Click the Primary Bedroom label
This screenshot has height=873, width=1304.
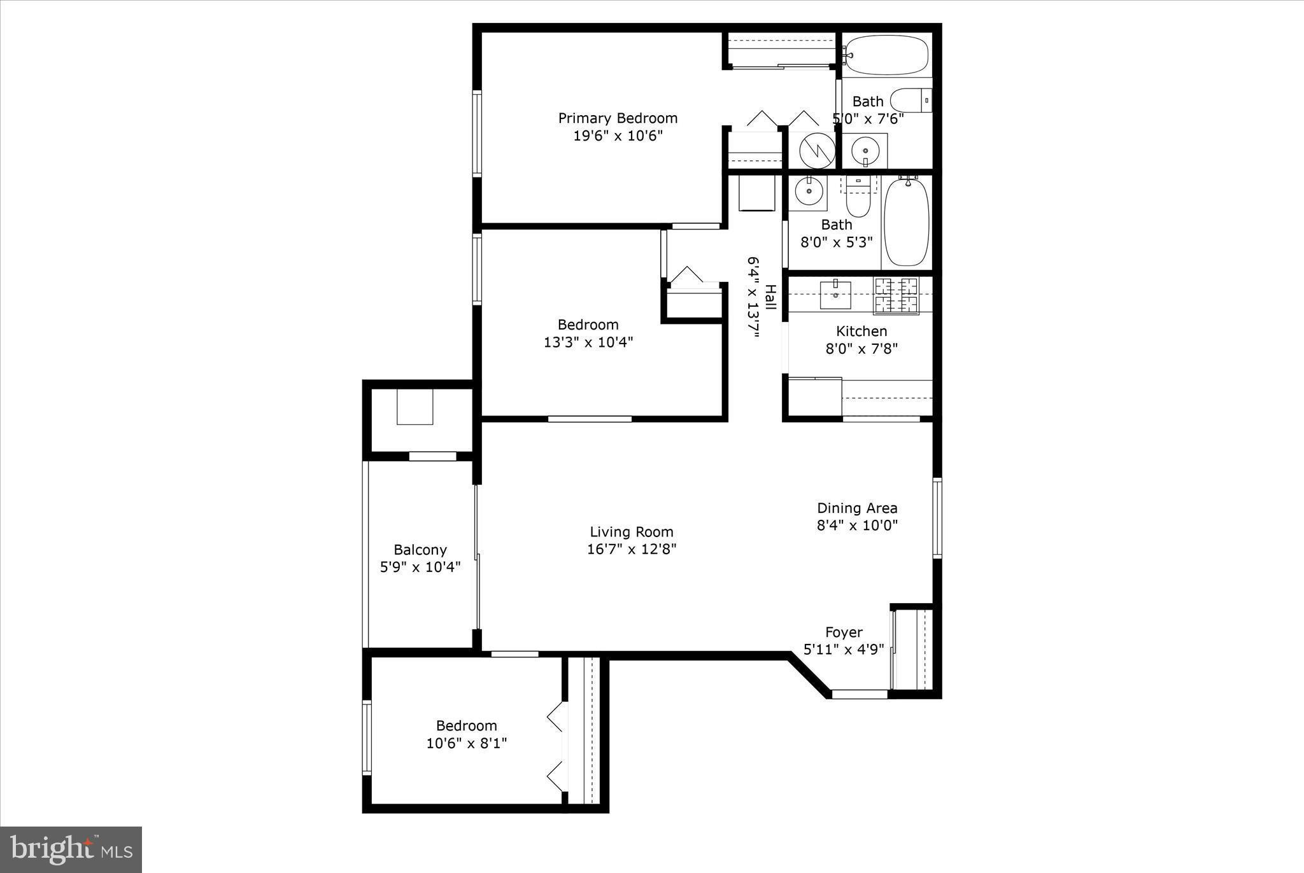click(x=618, y=118)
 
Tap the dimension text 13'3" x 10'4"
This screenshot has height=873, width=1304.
click(x=588, y=342)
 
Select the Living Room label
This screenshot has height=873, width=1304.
click(x=631, y=532)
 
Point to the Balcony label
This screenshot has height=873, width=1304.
click(x=420, y=550)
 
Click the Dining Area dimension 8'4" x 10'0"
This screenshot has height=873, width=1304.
click(x=857, y=526)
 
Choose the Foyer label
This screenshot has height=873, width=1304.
click(x=844, y=632)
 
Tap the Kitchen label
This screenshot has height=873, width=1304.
click(x=861, y=331)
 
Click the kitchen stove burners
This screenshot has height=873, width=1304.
click(x=896, y=295)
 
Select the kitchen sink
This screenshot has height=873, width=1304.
click(x=835, y=295)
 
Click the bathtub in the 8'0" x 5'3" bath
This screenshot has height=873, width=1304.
click(x=907, y=222)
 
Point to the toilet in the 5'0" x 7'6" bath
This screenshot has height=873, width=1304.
click(x=911, y=101)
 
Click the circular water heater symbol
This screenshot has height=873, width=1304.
click(x=817, y=151)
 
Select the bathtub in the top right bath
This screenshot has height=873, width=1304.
click(x=887, y=55)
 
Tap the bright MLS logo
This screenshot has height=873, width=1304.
click(x=71, y=849)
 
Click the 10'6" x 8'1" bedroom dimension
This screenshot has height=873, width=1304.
click(x=466, y=743)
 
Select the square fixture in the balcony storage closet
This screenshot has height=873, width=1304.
click(x=415, y=407)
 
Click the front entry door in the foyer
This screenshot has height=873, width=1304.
click(x=860, y=694)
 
